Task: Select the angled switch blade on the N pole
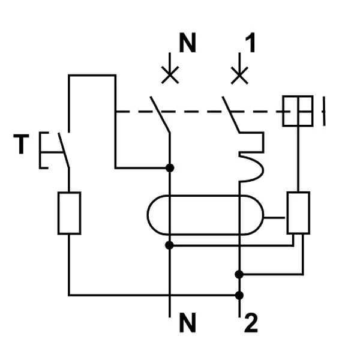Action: pyautogui.click(x=160, y=114)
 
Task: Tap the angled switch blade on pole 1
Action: pyautogui.click(x=230, y=114)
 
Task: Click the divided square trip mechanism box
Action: pyautogui.click(x=298, y=111)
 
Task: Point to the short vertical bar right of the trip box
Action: pyautogui.click(x=324, y=111)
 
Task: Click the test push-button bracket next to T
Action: pyautogui.click(x=43, y=149)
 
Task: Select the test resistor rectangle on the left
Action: pyautogui.click(x=69, y=213)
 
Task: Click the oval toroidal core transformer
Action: pyautogui.click(x=204, y=215)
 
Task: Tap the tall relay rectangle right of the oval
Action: pyautogui.click(x=298, y=213)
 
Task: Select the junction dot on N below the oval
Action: pyautogui.click(x=170, y=245)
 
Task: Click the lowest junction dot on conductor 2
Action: pyautogui.click(x=239, y=295)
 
